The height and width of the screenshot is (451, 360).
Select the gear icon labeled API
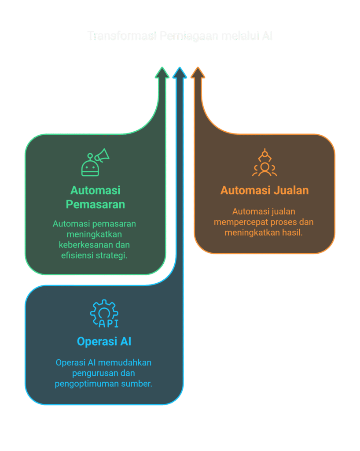pos(104,314)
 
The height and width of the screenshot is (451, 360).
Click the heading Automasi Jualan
pos(264,190)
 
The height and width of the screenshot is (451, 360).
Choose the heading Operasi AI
pos(104,341)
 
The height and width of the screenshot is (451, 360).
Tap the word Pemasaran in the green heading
pos(96,204)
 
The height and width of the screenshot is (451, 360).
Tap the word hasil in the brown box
pos(292,233)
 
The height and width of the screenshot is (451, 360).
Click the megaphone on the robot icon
pos(102,155)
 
